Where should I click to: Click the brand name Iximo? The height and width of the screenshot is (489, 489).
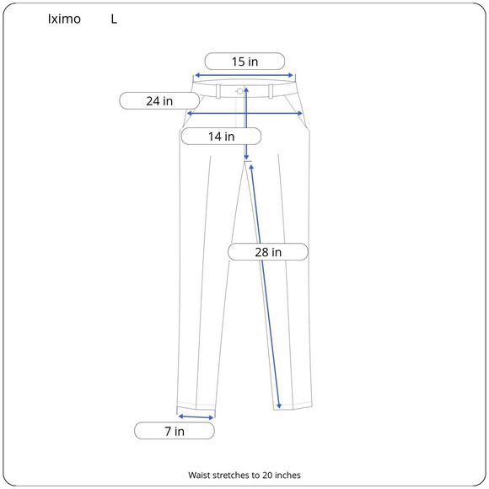coord(64,19)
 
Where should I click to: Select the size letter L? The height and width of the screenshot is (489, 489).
coord(114,19)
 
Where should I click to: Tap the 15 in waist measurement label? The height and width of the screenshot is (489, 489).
coord(244,62)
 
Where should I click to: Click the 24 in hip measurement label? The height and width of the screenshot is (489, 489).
coord(159,100)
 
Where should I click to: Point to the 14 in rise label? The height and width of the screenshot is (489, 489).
coord(221,137)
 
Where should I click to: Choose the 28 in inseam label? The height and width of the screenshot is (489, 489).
coord(268,252)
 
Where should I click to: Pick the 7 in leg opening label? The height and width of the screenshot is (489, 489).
coord(175,431)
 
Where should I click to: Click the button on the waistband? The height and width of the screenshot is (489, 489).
coord(239,91)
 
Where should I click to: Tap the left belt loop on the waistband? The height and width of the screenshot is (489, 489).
coord(218,91)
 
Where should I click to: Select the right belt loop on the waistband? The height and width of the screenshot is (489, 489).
coord(271,91)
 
